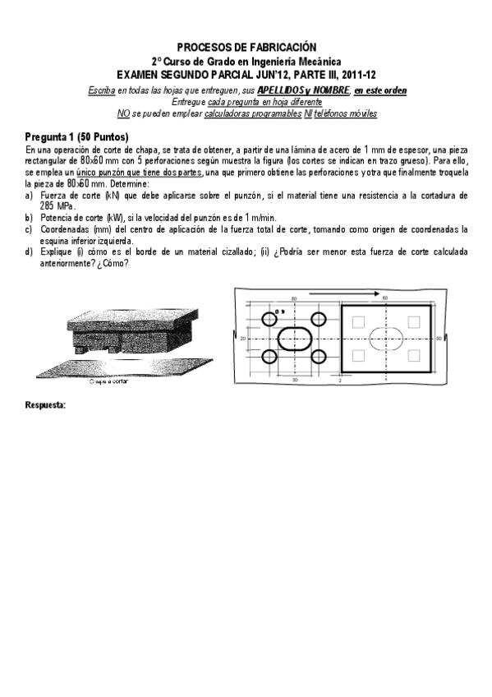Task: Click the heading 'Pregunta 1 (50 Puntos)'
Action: [76, 136]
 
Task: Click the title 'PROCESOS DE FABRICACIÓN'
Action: [246, 48]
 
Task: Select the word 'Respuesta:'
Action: [46, 407]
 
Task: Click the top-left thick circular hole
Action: [269, 319]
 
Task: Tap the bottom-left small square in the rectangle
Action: [359, 355]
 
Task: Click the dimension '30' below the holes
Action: [294, 381]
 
